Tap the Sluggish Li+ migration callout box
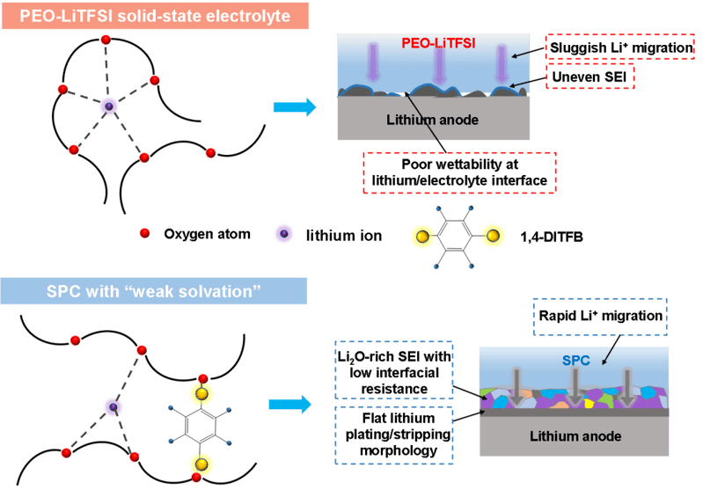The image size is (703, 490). pos(623,46)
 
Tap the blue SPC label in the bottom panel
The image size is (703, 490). pos(575,360)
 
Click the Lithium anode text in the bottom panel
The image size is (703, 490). pos(576,435)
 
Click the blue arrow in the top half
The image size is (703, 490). pos(293,107)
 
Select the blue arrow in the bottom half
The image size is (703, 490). pos(291,404)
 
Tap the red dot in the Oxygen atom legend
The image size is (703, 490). pos(144,234)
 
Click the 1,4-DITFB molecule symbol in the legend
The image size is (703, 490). pos(458,235)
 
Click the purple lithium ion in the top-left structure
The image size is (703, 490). pos(109,106)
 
